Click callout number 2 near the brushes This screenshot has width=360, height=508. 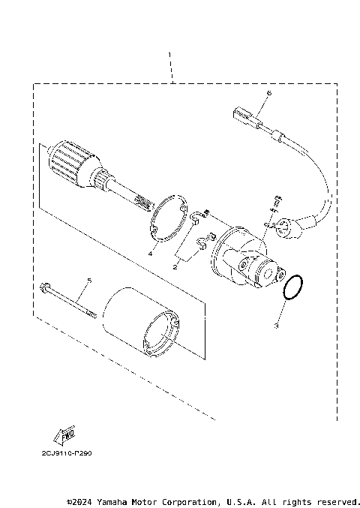tap(176, 265)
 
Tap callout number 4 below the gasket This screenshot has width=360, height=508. tap(150, 254)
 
